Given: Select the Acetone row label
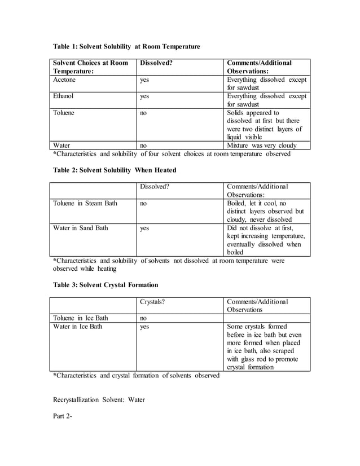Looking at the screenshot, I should tap(64, 80).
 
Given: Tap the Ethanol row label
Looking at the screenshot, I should tap(63, 96).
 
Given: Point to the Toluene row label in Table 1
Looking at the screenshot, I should tap(64, 113).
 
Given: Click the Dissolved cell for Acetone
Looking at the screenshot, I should tap(145, 80).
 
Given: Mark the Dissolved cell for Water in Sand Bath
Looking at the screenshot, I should tap(145, 228).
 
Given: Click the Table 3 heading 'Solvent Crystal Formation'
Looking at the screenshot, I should tap(106, 285).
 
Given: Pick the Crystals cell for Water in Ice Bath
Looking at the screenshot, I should tap(145, 326).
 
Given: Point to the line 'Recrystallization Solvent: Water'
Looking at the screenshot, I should tap(99, 400).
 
